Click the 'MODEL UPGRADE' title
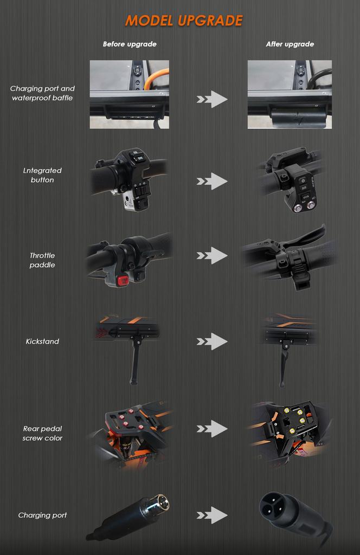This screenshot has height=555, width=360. [184, 21]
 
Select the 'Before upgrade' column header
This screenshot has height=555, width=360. [130, 44]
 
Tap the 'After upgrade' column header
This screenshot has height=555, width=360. [290, 44]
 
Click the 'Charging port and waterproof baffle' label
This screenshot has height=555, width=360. [42, 93]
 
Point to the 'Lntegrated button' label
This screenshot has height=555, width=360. [42, 175]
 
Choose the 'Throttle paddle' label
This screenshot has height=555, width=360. [42, 260]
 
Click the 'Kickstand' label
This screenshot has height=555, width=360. [42, 341]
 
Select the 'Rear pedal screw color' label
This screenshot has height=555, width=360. [42, 433]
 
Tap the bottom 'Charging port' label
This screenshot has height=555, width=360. [42, 515]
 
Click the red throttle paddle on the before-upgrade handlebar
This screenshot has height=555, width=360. [123, 280]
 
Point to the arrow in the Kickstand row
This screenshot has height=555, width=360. [212, 341]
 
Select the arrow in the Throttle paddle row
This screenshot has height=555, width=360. [212, 255]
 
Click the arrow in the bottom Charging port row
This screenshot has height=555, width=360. [212, 515]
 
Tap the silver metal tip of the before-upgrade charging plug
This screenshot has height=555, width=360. [160, 502]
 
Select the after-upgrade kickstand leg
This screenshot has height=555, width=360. [283, 366]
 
